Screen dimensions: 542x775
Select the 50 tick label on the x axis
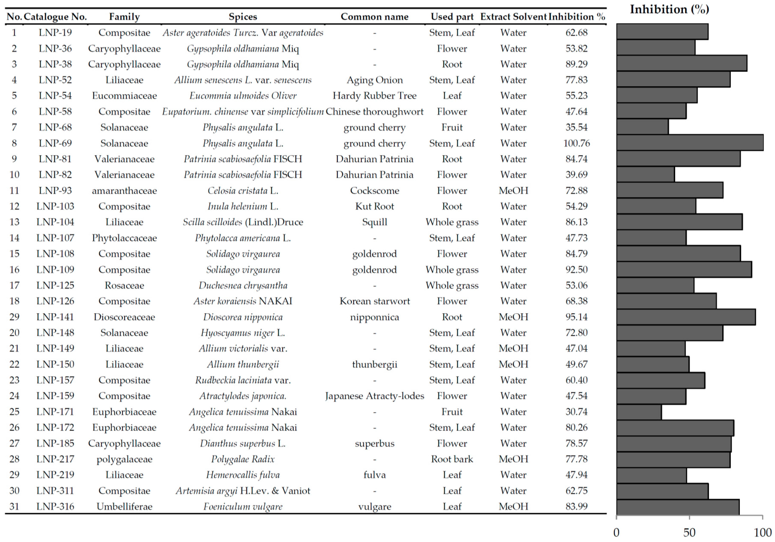(x=689, y=533)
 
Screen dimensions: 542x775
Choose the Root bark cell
(x=452, y=459)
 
